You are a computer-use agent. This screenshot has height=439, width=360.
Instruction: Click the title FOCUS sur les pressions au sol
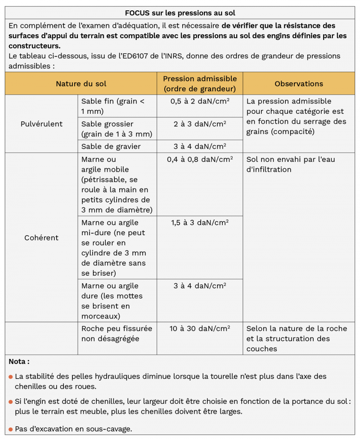coord(180,13)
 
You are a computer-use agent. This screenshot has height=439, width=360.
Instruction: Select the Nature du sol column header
coord(81,84)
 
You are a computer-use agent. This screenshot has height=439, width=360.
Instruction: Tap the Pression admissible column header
coord(200,84)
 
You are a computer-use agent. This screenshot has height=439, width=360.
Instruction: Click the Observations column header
coord(299,84)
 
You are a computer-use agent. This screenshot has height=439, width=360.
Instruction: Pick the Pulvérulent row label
coord(41,124)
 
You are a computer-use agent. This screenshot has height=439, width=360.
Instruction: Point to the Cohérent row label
coord(41,237)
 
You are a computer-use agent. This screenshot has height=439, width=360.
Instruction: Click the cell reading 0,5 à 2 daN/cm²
coord(200,101)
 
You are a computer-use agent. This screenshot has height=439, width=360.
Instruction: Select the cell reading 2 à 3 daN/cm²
coord(200,124)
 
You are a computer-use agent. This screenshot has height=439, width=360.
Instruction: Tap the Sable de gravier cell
coord(111,146)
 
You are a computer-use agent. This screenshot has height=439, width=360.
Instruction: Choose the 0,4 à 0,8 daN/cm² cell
coord(200,159)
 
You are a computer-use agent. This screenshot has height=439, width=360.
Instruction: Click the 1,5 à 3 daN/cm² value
coord(200,223)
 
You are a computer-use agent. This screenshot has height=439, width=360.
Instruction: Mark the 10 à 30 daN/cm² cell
coord(200,328)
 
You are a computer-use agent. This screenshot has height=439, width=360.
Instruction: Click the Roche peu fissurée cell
coord(117,333)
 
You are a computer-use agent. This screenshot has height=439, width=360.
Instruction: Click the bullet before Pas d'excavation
coord(10,429)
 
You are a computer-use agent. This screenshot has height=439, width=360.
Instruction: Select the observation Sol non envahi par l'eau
coord(290,164)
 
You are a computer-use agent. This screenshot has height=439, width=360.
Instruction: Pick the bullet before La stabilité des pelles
coord(10,376)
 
